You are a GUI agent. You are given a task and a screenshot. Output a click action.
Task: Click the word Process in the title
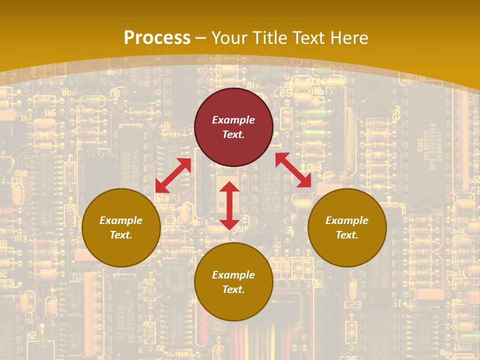click(157, 38)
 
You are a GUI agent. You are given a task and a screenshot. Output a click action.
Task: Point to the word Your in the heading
click(228, 38)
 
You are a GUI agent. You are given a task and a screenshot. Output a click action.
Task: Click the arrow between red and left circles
click(173, 175)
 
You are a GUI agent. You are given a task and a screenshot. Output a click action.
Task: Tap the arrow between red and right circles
click(293, 170)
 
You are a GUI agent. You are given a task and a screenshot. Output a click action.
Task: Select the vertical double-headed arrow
click(229, 205)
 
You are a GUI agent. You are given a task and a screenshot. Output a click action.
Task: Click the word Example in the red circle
click(233, 120)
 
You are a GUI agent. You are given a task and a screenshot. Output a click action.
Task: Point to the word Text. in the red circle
click(233, 134)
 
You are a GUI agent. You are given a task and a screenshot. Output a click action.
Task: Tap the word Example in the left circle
click(121, 220)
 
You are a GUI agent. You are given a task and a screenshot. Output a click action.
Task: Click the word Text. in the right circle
click(347, 235)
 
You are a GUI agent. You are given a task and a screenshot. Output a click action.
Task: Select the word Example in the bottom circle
click(233, 275)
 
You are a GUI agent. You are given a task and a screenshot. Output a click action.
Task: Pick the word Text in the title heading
click(308, 38)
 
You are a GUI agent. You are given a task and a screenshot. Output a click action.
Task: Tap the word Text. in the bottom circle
click(233, 289)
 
